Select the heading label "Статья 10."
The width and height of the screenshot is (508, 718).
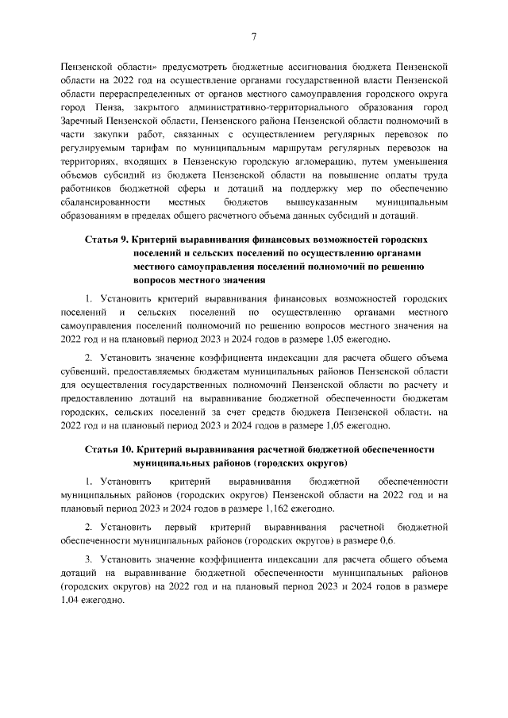(x=114, y=450)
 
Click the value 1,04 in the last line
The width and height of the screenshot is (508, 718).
(x=71, y=601)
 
